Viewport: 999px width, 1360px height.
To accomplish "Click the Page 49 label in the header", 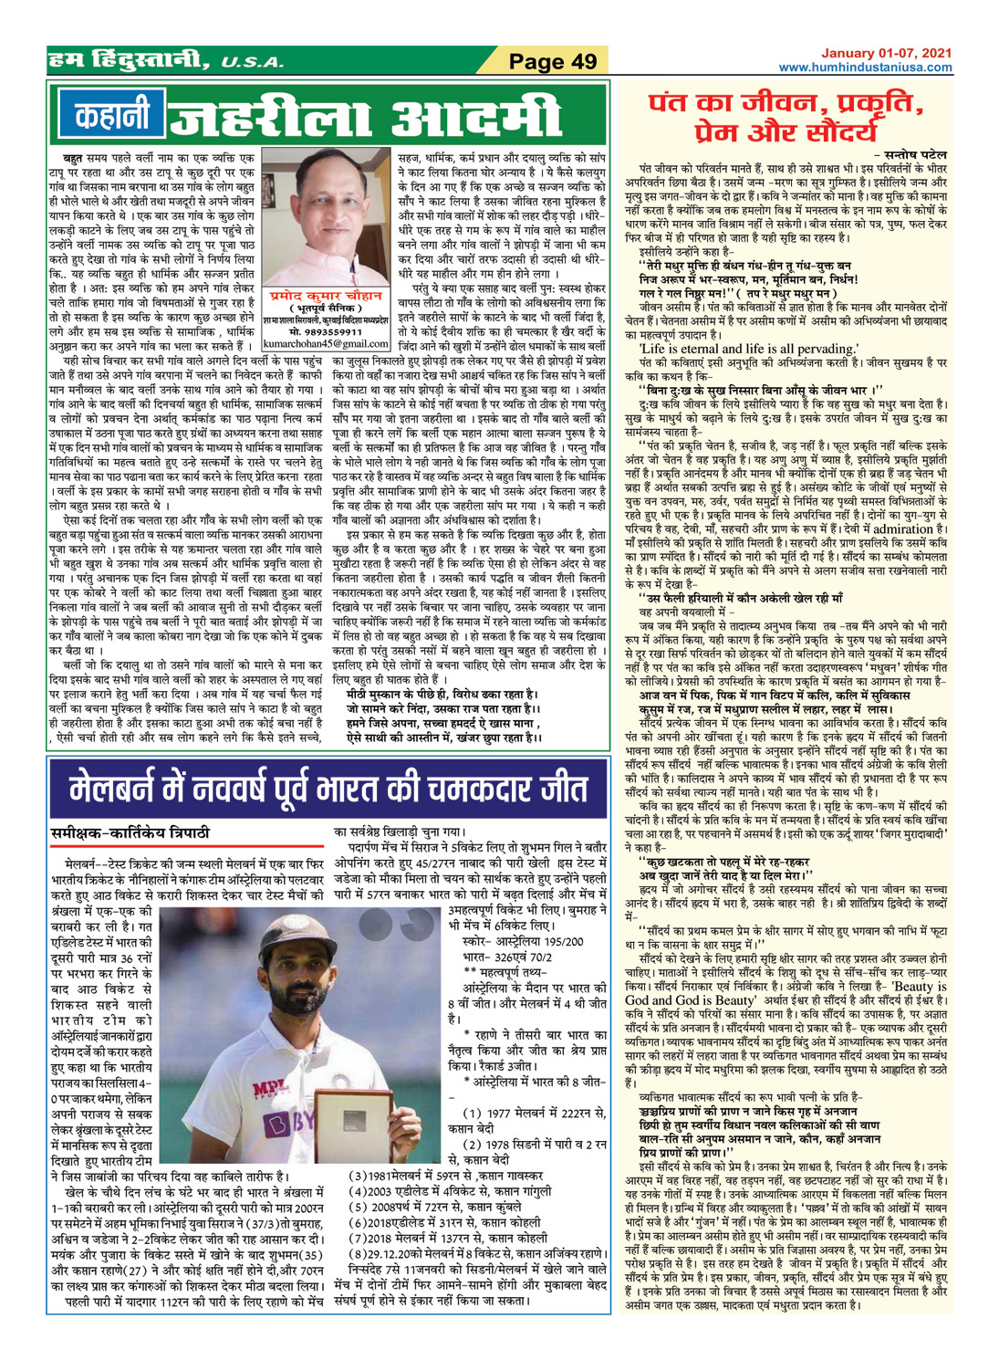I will click(x=553, y=62).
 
